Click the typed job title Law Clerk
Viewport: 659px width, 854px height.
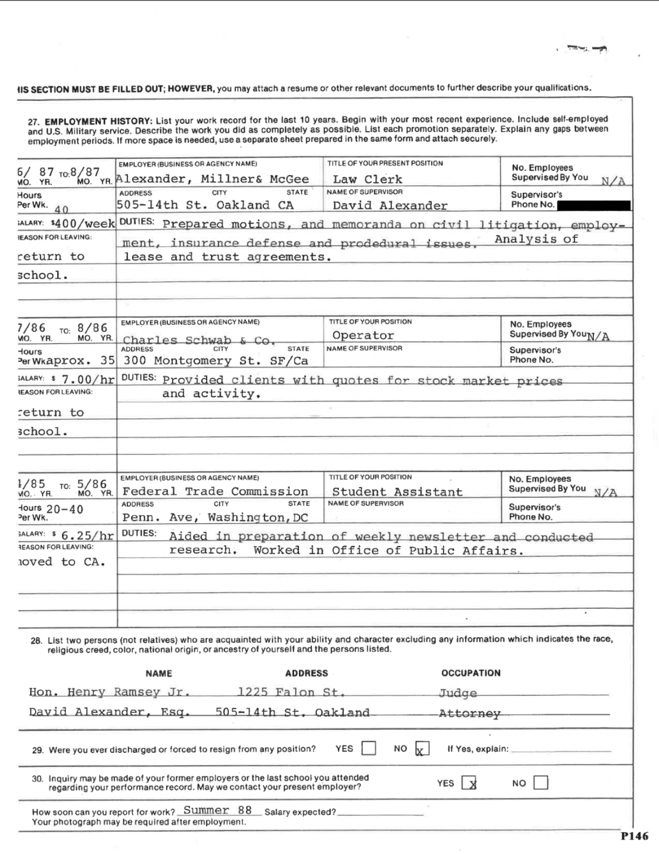click(x=367, y=179)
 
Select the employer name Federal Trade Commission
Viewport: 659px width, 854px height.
click(x=215, y=491)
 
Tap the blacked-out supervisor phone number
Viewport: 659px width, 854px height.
click(x=593, y=205)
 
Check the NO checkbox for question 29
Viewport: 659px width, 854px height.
click(x=422, y=749)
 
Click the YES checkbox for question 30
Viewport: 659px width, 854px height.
click(x=469, y=783)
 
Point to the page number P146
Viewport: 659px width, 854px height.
click(x=634, y=836)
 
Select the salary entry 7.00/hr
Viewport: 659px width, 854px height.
click(x=88, y=380)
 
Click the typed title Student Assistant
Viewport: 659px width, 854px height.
click(x=397, y=491)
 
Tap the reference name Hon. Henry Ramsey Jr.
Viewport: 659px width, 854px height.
click(x=109, y=692)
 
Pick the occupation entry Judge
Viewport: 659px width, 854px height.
click(x=458, y=693)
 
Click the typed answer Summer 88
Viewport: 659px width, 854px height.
click(x=217, y=810)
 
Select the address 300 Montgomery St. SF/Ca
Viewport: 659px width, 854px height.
click(x=216, y=360)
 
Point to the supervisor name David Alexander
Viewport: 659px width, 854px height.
click(x=390, y=205)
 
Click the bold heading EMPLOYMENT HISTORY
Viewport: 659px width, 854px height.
click(x=98, y=121)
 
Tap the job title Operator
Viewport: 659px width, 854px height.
click(x=363, y=335)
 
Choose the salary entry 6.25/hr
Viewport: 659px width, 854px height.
click(x=87, y=536)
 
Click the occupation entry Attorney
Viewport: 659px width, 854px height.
click(x=470, y=713)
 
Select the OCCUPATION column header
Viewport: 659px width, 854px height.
click(x=471, y=673)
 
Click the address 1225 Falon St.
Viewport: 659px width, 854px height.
click(x=291, y=692)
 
